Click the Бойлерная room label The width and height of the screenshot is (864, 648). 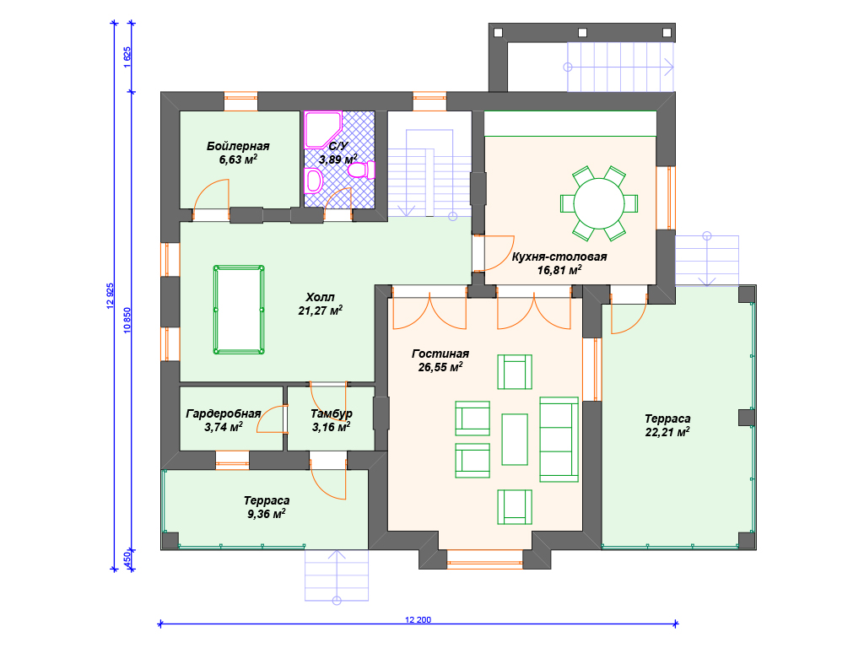(238, 146)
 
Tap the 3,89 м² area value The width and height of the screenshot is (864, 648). (337, 159)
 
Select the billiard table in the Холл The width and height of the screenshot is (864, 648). (239, 310)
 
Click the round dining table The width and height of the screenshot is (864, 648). (599, 202)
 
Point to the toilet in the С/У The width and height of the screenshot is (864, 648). (361, 170)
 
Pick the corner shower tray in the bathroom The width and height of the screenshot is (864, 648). (323, 130)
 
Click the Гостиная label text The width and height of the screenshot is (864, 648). (440, 354)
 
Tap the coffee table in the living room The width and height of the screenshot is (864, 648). (515, 440)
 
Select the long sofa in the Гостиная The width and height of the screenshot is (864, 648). (559, 439)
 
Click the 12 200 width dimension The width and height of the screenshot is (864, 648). (418, 620)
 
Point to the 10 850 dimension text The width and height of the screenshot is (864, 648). (127, 320)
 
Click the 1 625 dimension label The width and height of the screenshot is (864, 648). (127, 57)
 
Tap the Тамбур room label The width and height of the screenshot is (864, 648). (331, 413)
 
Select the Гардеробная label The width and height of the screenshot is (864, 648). (223, 413)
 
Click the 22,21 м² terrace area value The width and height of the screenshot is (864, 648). (667, 433)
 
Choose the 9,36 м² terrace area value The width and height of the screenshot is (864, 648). (266, 514)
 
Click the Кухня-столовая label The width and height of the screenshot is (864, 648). (559, 256)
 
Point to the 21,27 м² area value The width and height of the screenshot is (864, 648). (320, 310)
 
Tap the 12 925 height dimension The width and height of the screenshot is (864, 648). (111, 296)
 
